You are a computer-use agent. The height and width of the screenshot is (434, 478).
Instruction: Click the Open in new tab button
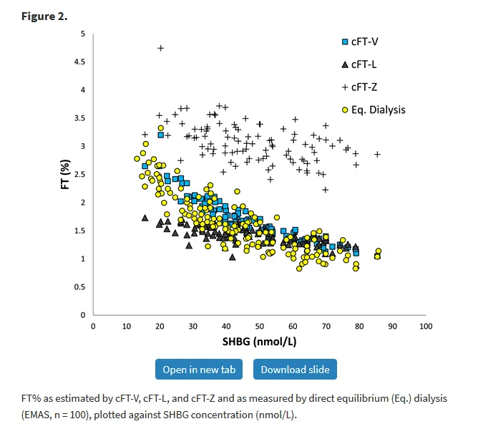[x=198, y=370]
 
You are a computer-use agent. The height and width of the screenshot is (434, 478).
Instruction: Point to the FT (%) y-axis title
[x=64, y=174]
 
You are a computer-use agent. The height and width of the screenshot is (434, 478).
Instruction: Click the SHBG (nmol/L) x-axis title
[x=259, y=342]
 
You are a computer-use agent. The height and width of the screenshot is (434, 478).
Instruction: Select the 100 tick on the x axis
[x=425, y=327]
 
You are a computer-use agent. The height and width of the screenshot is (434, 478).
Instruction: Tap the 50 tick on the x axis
[x=259, y=327]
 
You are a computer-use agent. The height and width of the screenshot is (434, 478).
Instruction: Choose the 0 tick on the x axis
[x=93, y=327]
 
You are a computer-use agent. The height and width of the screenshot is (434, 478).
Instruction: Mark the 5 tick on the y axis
[x=83, y=34]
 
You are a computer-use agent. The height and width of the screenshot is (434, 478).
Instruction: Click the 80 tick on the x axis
[x=358, y=327]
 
